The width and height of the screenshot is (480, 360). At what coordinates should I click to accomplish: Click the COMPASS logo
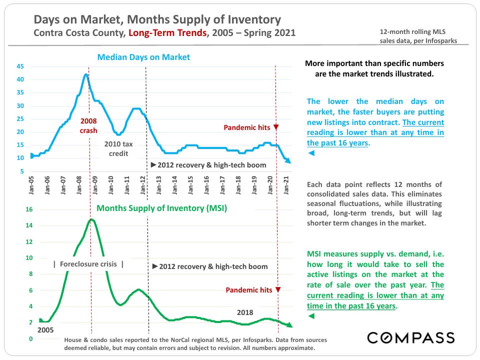point(411,337)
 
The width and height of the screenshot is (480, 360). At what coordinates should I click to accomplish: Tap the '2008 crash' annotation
point(88,125)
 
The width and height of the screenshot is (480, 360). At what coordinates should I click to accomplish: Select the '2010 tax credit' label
point(118,148)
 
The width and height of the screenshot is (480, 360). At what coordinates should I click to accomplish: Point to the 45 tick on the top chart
point(20,66)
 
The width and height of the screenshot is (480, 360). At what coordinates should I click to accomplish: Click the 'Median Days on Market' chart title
point(143,57)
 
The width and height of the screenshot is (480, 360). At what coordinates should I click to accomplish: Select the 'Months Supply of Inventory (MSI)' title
point(161,208)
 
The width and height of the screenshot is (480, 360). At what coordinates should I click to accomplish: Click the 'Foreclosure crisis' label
point(88,264)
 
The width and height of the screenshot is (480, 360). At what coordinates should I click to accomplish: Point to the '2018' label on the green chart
point(245,312)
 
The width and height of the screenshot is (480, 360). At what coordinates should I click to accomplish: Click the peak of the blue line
point(86,74)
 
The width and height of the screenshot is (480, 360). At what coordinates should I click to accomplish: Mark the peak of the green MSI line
point(91,219)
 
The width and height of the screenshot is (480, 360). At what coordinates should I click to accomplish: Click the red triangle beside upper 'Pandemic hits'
point(276,127)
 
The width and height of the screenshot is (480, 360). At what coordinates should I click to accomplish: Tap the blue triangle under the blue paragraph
point(311,153)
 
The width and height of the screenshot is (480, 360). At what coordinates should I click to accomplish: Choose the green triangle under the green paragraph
point(311,316)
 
